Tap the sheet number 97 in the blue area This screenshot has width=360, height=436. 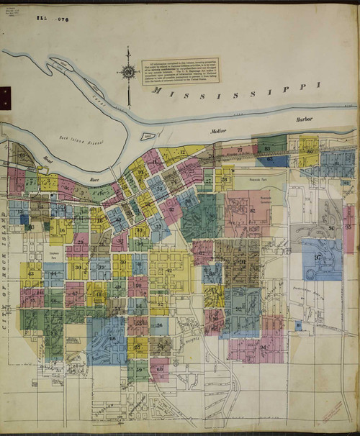(318, 258)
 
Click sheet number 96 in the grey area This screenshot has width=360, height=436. (330, 228)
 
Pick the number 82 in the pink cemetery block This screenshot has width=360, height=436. (252, 209)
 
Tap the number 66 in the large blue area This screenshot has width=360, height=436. (112, 338)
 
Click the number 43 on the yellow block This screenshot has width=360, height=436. (30, 274)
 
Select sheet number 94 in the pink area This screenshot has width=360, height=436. (263, 348)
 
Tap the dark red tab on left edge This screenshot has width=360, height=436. (2, 92)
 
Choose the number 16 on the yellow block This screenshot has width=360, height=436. (62, 231)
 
